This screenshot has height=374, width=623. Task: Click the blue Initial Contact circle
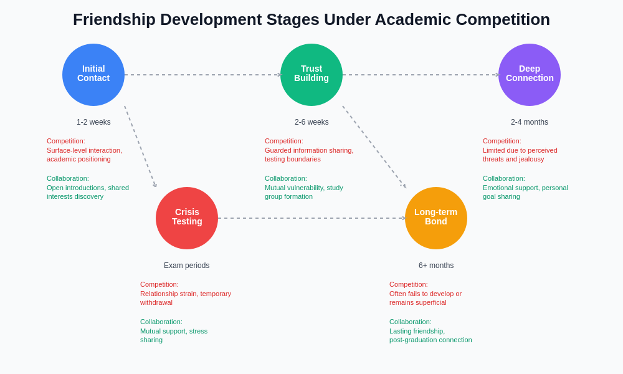click(93, 75)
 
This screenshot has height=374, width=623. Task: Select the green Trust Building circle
click(311, 75)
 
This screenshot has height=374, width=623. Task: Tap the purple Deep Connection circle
click(530, 75)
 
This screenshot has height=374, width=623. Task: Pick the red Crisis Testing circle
click(187, 218)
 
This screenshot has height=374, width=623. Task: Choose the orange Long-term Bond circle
click(436, 218)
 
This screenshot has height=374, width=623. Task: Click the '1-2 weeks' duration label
click(93, 122)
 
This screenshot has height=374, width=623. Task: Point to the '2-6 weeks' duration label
click(311, 122)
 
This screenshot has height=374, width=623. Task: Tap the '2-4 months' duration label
click(530, 122)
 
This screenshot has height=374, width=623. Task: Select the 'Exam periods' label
click(187, 266)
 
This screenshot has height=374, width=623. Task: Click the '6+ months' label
click(436, 266)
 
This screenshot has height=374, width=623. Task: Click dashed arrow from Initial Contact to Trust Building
click(202, 75)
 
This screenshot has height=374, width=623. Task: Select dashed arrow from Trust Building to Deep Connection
click(421, 75)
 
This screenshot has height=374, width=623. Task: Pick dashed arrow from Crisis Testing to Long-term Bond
click(311, 218)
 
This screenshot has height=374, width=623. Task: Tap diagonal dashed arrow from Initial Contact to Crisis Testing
click(140, 146)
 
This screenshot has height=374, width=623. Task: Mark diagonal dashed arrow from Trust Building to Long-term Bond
click(374, 146)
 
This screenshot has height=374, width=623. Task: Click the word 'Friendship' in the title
click(114, 19)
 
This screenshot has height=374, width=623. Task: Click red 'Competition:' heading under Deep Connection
click(502, 141)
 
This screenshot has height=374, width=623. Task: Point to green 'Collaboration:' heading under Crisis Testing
click(161, 322)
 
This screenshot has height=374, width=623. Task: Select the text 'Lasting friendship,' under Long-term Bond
click(417, 331)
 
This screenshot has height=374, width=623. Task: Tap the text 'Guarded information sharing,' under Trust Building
click(309, 150)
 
